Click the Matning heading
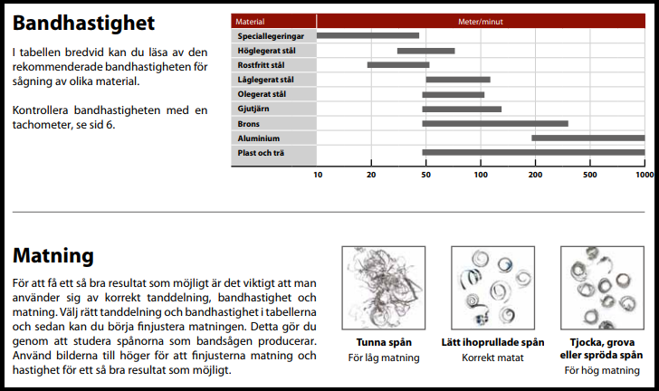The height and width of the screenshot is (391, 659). [x=54, y=255]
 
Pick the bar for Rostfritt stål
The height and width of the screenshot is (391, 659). [x=397, y=65]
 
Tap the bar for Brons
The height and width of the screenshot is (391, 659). [x=495, y=123]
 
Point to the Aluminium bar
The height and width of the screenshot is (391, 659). [x=587, y=138]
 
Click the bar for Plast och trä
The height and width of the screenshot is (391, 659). [x=533, y=152]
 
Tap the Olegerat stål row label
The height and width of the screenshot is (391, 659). [x=262, y=94]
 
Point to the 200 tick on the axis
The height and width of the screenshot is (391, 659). [x=535, y=173]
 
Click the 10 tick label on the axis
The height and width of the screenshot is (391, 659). [x=318, y=173]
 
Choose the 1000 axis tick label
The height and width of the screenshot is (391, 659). [x=644, y=173]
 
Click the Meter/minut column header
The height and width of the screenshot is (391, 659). [x=480, y=20]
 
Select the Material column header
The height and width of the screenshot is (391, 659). [x=250, y=20]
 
